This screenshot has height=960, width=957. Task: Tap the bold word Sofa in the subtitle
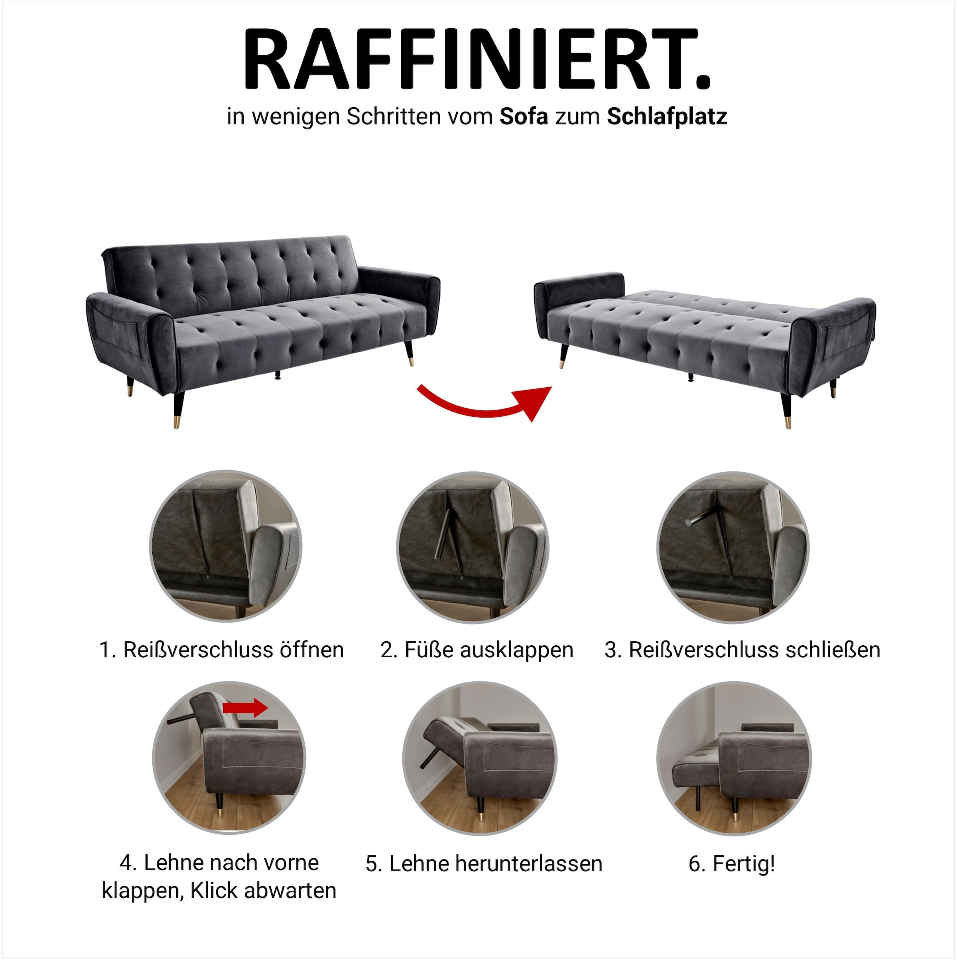point(524,117)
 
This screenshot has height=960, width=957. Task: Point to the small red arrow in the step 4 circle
point(246,707)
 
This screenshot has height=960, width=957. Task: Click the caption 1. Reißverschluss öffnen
point(222,650)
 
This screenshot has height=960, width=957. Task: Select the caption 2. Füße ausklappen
point(477,650)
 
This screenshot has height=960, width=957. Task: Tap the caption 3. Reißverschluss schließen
point(742,650)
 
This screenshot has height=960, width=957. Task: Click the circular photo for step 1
point(226,546)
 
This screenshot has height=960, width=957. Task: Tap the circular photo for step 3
point(733,547)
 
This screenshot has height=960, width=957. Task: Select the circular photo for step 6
point(733,758)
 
